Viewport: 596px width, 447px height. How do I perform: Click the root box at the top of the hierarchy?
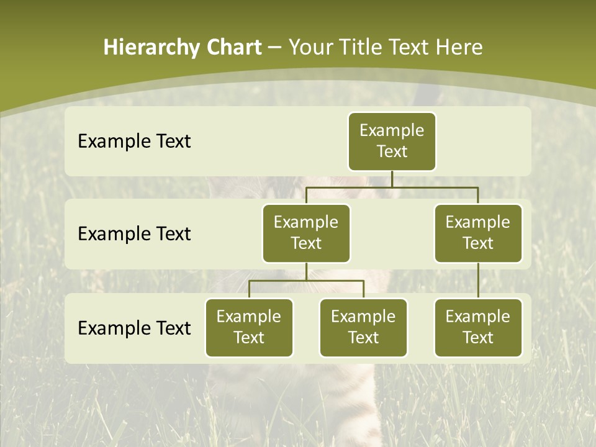(392, 142)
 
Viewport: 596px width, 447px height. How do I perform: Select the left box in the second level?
(306, 233)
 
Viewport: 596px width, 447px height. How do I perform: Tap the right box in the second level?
(478, 233)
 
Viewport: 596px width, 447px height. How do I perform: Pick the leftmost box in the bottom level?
(249, 327)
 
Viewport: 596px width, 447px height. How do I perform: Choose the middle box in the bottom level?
(363, 327)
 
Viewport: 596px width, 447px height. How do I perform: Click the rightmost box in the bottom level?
(478, 327)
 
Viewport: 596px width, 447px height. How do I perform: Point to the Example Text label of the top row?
(134, 142)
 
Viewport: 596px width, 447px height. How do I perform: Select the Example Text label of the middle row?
(134, 234)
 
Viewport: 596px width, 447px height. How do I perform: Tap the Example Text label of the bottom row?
(134, 328)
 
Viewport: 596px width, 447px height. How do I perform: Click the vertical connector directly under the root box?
(392, 179)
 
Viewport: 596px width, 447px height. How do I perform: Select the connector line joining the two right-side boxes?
(478, 281)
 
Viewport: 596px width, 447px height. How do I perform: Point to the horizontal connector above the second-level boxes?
(392, 187)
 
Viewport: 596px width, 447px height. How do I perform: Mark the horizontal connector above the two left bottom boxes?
(306, 281)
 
